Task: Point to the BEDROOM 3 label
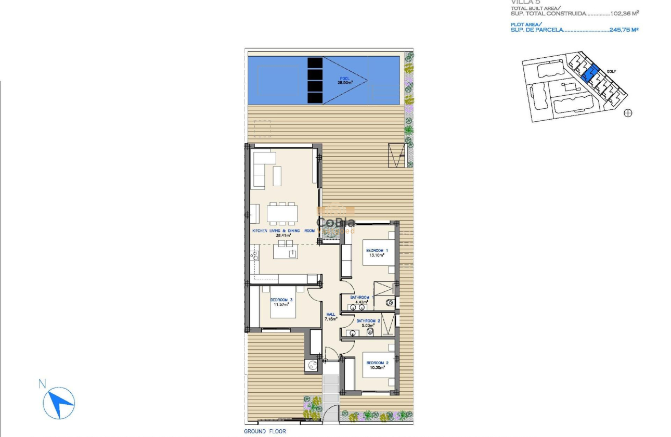(281, 300)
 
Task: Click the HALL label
(331, 314)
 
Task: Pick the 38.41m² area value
(283, 235)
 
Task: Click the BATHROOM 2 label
(368, 321)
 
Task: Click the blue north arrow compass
(60, 403)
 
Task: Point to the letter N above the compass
(42, 384)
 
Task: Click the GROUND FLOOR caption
(265, 431)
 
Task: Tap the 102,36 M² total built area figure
(621, 14)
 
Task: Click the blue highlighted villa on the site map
(589, 73)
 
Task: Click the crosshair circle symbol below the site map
(628, 113)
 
